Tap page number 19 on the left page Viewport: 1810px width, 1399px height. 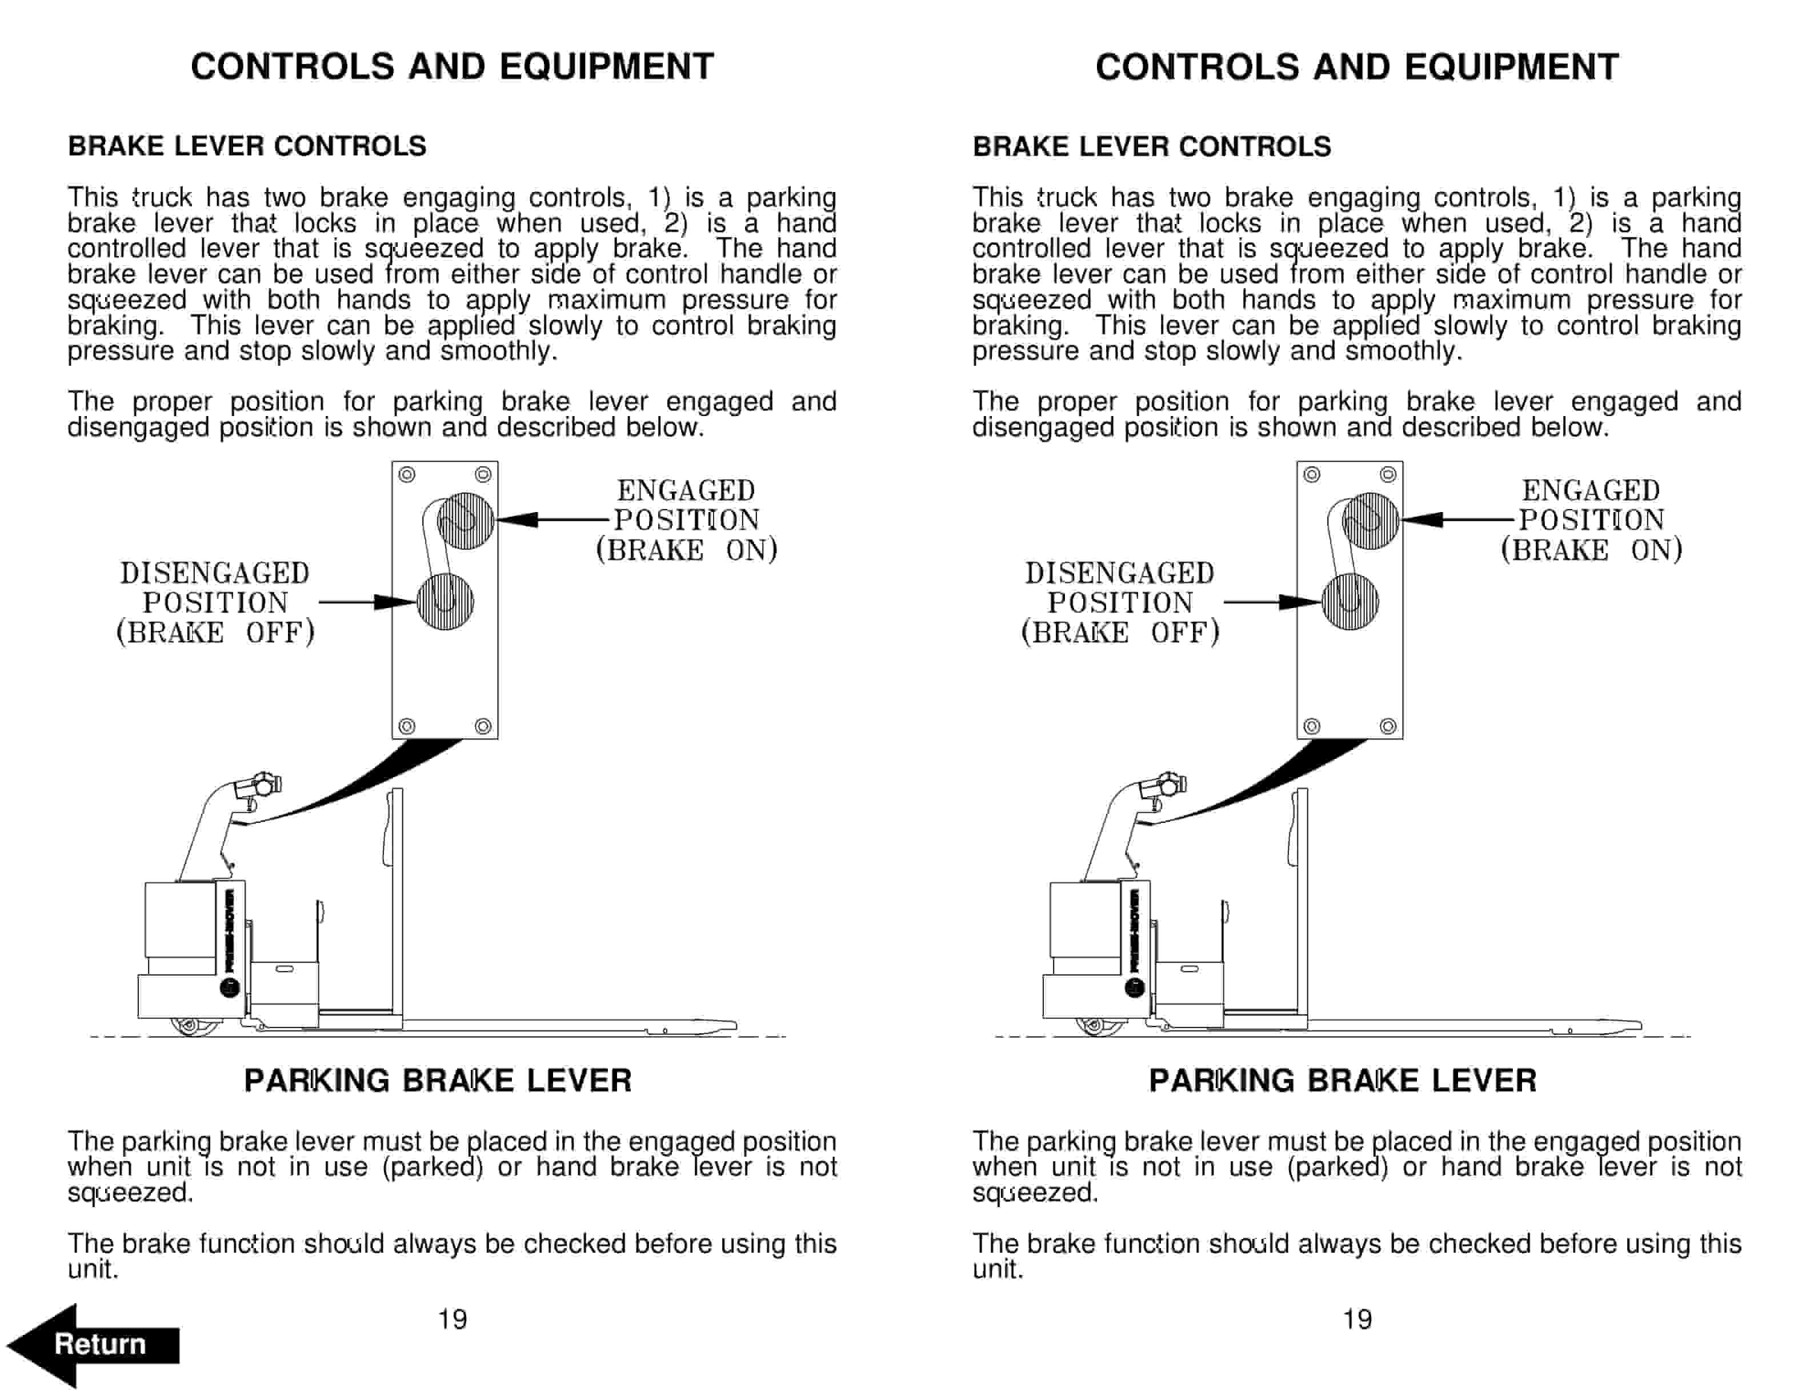coord(452,1318)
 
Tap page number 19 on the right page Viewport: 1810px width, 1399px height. coord(1357,1318)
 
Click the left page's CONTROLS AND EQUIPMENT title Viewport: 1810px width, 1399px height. coord(452,67)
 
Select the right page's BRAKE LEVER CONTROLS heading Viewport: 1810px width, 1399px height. coord(1151,147)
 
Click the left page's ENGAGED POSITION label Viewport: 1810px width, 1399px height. coord(686,519)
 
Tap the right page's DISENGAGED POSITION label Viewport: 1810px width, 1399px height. coord(1120,602)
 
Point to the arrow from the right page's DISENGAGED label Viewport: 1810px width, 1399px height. coord(1272,602)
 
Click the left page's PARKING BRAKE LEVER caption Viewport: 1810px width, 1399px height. coord(438,1081)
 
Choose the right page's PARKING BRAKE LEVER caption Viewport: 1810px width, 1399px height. coord(1343,1081)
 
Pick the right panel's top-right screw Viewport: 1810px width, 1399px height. coord(1388,475)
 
